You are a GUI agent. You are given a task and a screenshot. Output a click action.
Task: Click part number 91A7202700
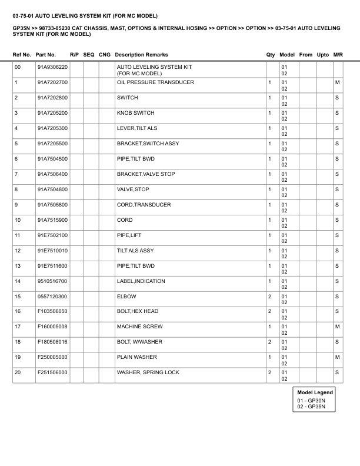coord(52,82)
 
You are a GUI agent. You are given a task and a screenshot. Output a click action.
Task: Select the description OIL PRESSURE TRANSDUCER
coord(155,82)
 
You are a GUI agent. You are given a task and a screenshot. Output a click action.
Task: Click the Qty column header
coord(271,55)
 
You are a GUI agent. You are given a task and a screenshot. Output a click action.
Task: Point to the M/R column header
coord(338,55)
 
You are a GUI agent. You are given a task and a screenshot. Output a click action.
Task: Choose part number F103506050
coord(52,311)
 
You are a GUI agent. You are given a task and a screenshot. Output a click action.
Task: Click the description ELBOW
coord(126,296)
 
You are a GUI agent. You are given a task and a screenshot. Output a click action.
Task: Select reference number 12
coord(18,251)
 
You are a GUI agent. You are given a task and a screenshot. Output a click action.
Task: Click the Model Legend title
coord(315,392)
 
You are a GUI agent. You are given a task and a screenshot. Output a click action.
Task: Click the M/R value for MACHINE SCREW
coord(338,327)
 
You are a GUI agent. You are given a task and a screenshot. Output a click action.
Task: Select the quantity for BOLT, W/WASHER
coord(269,342)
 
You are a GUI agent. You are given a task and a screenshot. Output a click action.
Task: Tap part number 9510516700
coord(52,281)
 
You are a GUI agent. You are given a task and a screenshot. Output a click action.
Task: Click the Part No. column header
coord(45,55)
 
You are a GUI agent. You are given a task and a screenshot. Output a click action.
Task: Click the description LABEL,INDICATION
coord(141,281)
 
